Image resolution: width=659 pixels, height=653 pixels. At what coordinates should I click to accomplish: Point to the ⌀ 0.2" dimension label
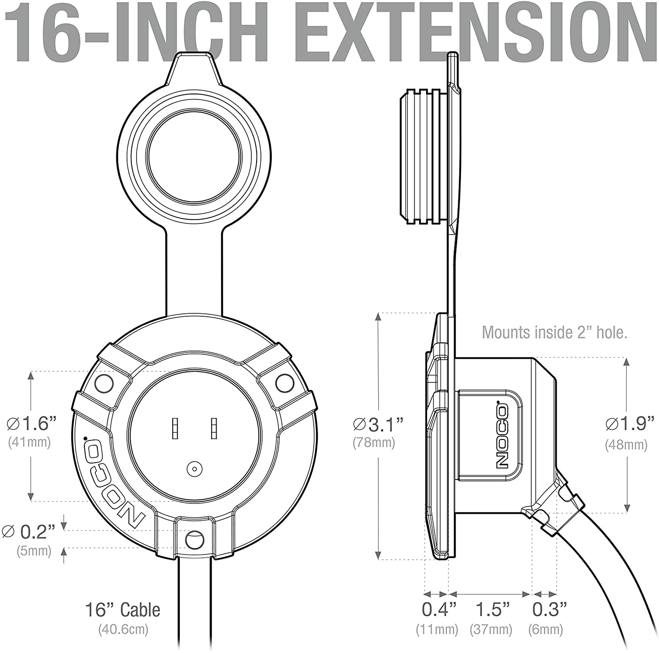coord(29,531)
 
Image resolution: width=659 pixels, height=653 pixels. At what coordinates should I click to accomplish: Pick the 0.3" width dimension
coord(549,609)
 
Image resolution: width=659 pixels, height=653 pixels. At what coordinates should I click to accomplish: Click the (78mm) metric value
coord(374,442)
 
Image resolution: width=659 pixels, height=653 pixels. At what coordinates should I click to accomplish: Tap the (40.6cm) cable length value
coord(123,629)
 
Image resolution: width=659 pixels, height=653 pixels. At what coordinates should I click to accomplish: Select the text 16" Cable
coord(123,610)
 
